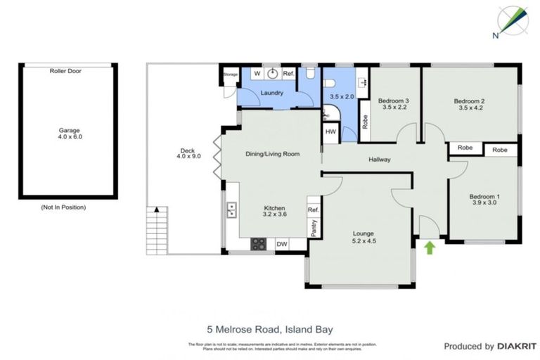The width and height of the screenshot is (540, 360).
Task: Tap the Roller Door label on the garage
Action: pyautogui.click(x=67, y=71)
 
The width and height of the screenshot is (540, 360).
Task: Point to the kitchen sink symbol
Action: pyautogui.click(x=231, y=209)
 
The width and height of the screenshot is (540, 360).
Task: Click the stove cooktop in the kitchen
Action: pyautogui.click(x=259, y=244)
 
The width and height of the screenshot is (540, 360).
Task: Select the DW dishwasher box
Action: pyautogui.click(x=281, y=244)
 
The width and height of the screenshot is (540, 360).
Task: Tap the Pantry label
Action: pyautogui.click(x=314, y=227)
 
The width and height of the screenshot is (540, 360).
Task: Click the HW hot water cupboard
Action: pyautogui.click(x=330, y=131)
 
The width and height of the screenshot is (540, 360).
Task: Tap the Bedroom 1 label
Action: pyautogui.click(x=484, y=200)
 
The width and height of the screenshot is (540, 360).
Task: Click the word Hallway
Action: pyautogui.click(x=380, y=160)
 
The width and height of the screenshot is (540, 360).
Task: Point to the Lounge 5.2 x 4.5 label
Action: pyautogui.click(x=364, y=237)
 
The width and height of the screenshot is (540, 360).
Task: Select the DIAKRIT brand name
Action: pyautogui.click(x=517, y=346)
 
